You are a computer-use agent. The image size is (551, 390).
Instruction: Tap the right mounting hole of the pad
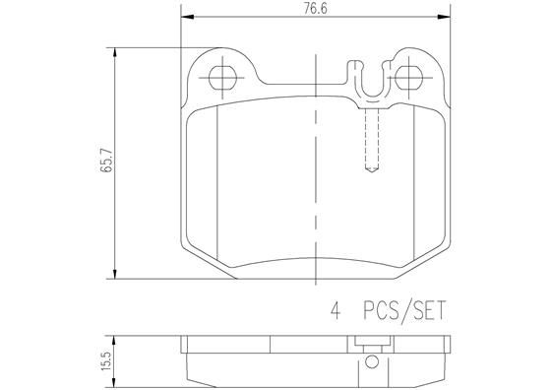[x=405, y=75]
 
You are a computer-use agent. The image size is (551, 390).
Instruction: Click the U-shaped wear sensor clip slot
[x=368, y=81]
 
